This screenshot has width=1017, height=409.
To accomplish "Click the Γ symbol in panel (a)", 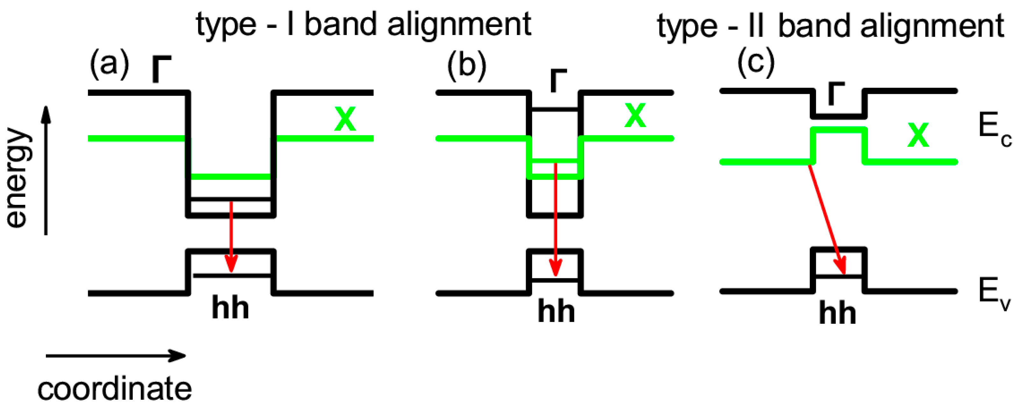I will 161,69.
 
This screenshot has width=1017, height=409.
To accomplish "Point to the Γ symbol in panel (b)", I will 558,80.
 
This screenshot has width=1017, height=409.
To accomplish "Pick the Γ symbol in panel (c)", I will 836,94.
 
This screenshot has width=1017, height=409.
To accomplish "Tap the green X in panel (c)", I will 918,135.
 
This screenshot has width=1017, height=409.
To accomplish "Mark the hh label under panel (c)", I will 837,314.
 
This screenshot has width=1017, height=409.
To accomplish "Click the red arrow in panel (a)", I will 231,237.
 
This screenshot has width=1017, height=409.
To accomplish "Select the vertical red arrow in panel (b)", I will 556,221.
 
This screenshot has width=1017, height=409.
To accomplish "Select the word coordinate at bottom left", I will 115,389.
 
